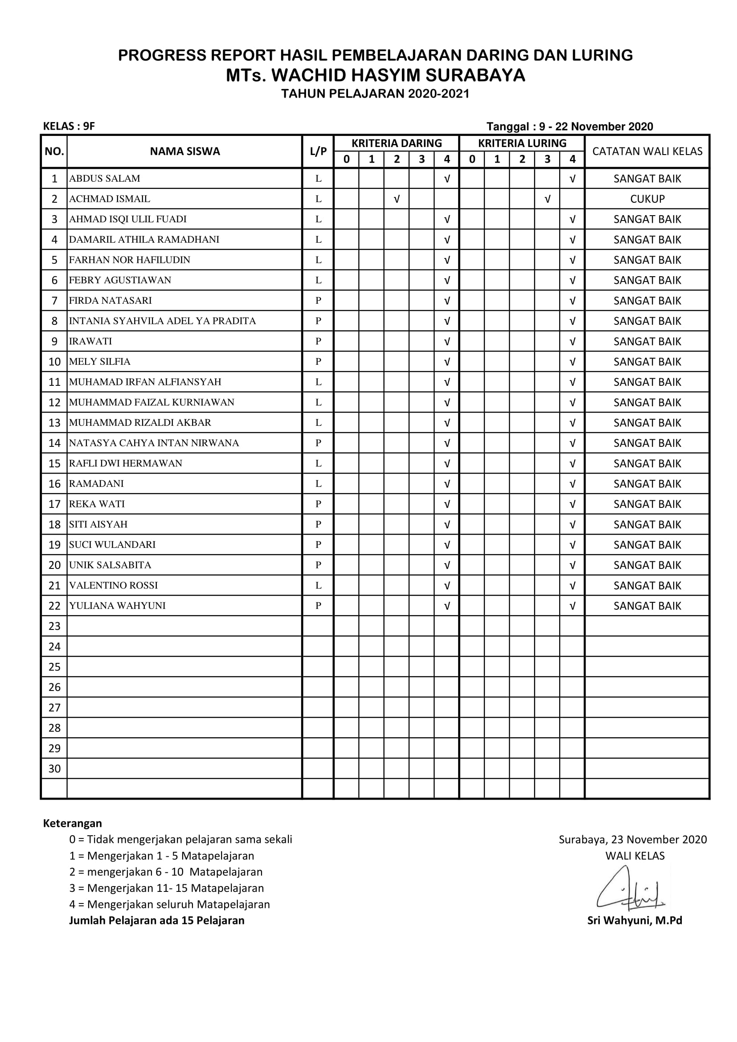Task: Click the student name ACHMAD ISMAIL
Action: (x=109, y=199)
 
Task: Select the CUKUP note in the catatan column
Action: (x=647, y=199)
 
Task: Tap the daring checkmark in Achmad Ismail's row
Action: (x=397, y=199)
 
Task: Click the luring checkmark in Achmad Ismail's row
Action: (x=547, y=199)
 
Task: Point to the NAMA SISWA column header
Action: (x=185, y=151)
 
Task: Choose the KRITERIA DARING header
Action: (x=396, y=143)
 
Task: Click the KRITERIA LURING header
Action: (x=522, y=143)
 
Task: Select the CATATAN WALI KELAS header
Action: (x=647, y=151)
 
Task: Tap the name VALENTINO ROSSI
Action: (x=114, y=585)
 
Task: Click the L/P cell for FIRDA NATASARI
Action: (x=318, y=300)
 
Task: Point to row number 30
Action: (x=54, y=769)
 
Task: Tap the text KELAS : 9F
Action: (x=69, y=126)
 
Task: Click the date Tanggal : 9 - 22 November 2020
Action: (x=569, y=127)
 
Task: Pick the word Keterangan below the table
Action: (x=73, y=823)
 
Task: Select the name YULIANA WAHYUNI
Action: (x=118, y=606)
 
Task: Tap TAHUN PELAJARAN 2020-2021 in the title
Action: (x=375, y=94)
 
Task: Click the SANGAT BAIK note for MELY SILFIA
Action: (x=647, y=362)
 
